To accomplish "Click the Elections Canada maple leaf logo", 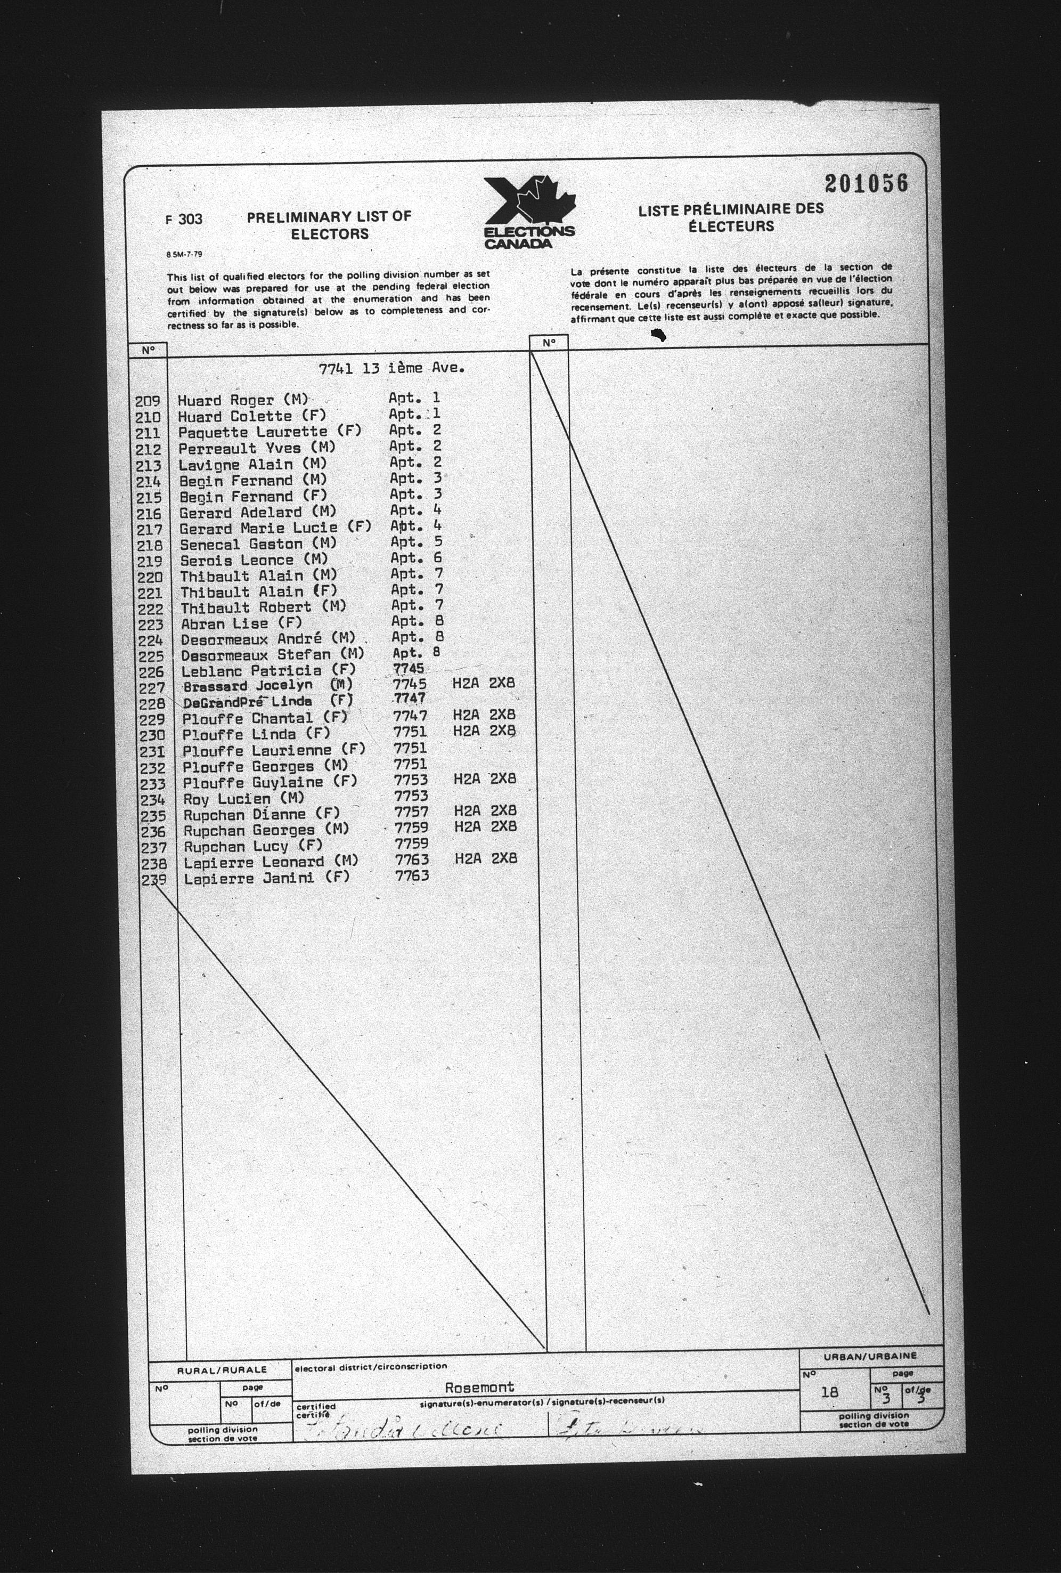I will tap(529, 212).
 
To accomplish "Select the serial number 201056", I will tap(866, 183).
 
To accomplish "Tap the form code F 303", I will tap(183, 220).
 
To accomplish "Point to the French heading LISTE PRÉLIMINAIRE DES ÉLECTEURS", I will tap(731, 217).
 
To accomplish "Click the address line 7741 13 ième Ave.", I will tap(392, 369).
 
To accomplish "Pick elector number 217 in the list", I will tap(150, 530).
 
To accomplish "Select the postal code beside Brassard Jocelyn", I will tap(483, 684).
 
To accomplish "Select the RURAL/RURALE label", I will tap(222, 1370).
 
